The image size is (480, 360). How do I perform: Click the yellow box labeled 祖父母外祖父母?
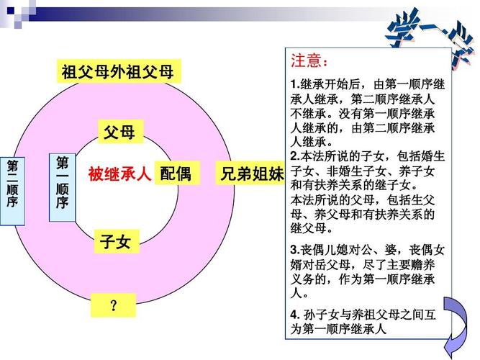117,72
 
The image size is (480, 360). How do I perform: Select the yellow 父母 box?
119,132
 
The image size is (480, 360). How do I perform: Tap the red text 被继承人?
119,174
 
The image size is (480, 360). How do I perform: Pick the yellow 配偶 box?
176,174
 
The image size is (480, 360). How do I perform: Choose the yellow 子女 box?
115,241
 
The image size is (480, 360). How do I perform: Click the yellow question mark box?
113,307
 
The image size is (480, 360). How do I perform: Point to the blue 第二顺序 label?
12,184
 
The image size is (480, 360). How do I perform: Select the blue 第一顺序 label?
62,183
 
